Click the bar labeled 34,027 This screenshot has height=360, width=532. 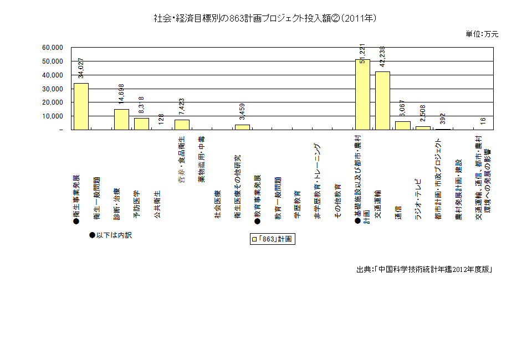81,106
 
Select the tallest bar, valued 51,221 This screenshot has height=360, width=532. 362,94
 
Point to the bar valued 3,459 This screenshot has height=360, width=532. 242,127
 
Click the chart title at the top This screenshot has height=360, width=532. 265,18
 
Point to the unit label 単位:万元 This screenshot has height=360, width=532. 483,34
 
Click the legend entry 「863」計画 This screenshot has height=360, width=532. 272,239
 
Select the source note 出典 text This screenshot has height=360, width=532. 424,270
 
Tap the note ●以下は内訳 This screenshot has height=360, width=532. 111,235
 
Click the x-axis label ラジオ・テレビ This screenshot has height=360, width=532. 418,199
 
